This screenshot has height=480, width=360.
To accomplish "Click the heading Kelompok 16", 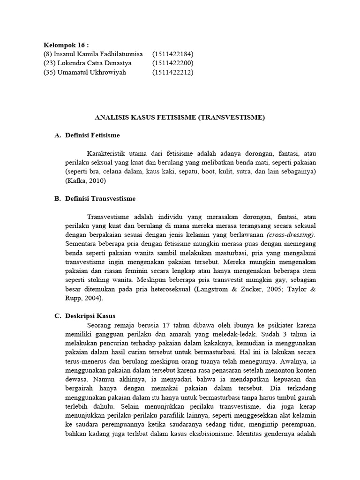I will (66, 45).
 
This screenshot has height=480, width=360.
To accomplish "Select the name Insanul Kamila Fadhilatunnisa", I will (98, 54).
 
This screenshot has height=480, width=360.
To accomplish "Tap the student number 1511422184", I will (172, 54).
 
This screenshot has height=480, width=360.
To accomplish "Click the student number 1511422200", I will (172, 63).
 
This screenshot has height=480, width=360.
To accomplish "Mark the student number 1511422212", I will (172, 72).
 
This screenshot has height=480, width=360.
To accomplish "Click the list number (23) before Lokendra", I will (49, 63).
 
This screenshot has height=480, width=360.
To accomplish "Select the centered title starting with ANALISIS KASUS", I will (180, 118).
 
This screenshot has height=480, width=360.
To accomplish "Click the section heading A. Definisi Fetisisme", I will (87, 135).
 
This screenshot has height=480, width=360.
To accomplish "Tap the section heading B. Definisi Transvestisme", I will (95, 199).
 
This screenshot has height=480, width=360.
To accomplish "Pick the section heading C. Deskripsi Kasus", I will (85, 316).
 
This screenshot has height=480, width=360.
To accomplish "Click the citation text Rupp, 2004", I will (83, 298).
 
